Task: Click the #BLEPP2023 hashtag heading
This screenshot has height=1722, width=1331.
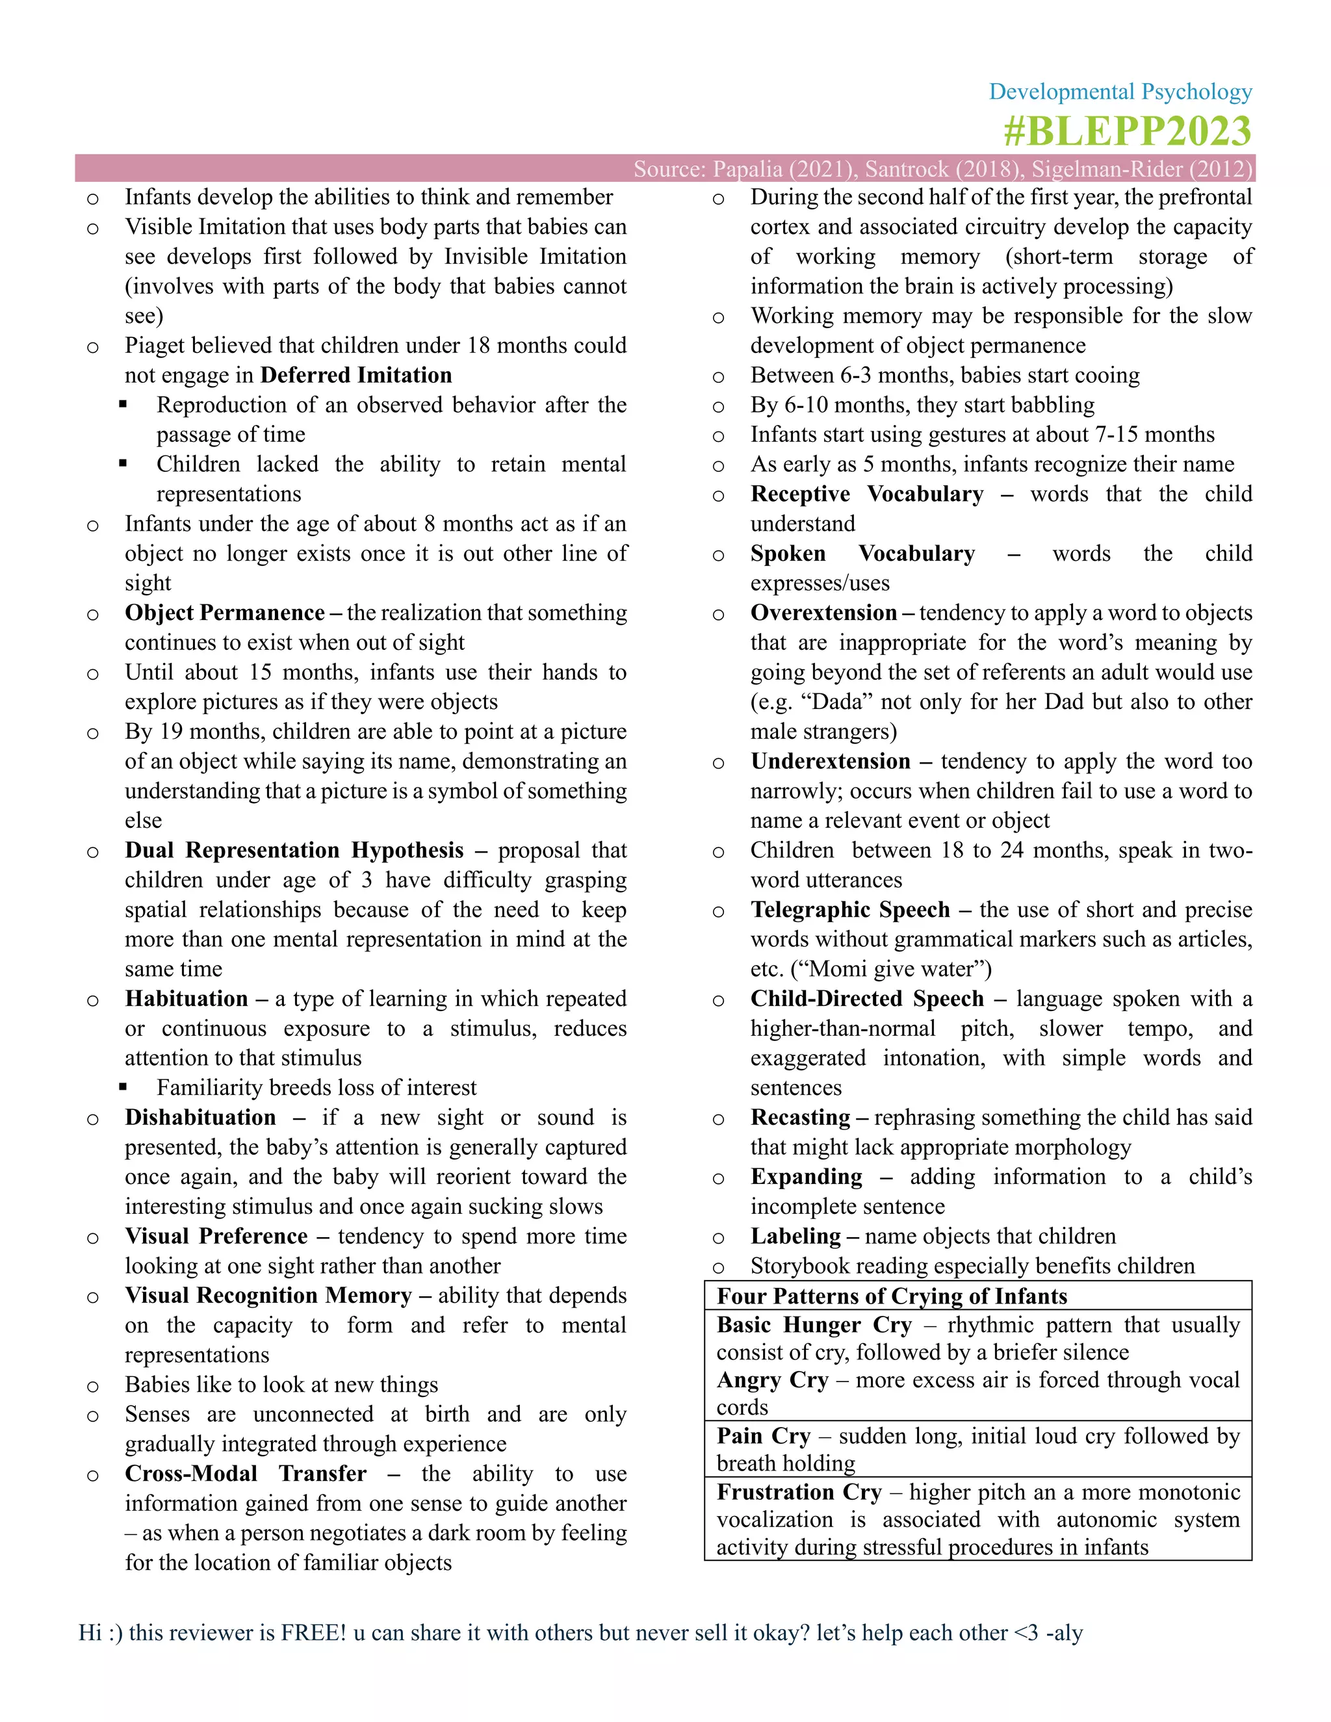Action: [x=1127, y=131]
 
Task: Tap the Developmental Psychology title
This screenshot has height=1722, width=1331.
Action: [x=1120, y=92]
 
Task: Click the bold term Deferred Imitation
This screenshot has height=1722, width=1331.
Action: [x=355, y=376]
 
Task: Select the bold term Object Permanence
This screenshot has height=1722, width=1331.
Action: [x=225, y=613]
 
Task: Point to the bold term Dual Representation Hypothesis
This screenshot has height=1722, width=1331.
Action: [x=294, y=850]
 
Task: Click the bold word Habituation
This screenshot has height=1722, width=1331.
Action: [x=186, y=998]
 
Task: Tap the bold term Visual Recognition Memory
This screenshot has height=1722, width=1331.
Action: [x=268, y=1296]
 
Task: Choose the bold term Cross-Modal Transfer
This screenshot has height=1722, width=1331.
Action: [x=245, y=1474]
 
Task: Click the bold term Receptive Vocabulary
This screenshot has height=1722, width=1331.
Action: [x=866, y=495]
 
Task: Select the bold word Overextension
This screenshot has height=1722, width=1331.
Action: [x=823, y=613]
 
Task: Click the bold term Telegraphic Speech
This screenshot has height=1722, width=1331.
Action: [x=849, y=910]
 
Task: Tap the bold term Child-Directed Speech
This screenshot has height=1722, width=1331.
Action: [x=866, y=999]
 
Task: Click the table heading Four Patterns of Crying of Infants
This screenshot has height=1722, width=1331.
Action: [x=891, y=1296]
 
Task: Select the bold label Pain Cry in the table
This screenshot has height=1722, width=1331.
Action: [x=762, y=1436]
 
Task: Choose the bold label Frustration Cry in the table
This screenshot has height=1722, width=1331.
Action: [x=798, y=1492]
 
